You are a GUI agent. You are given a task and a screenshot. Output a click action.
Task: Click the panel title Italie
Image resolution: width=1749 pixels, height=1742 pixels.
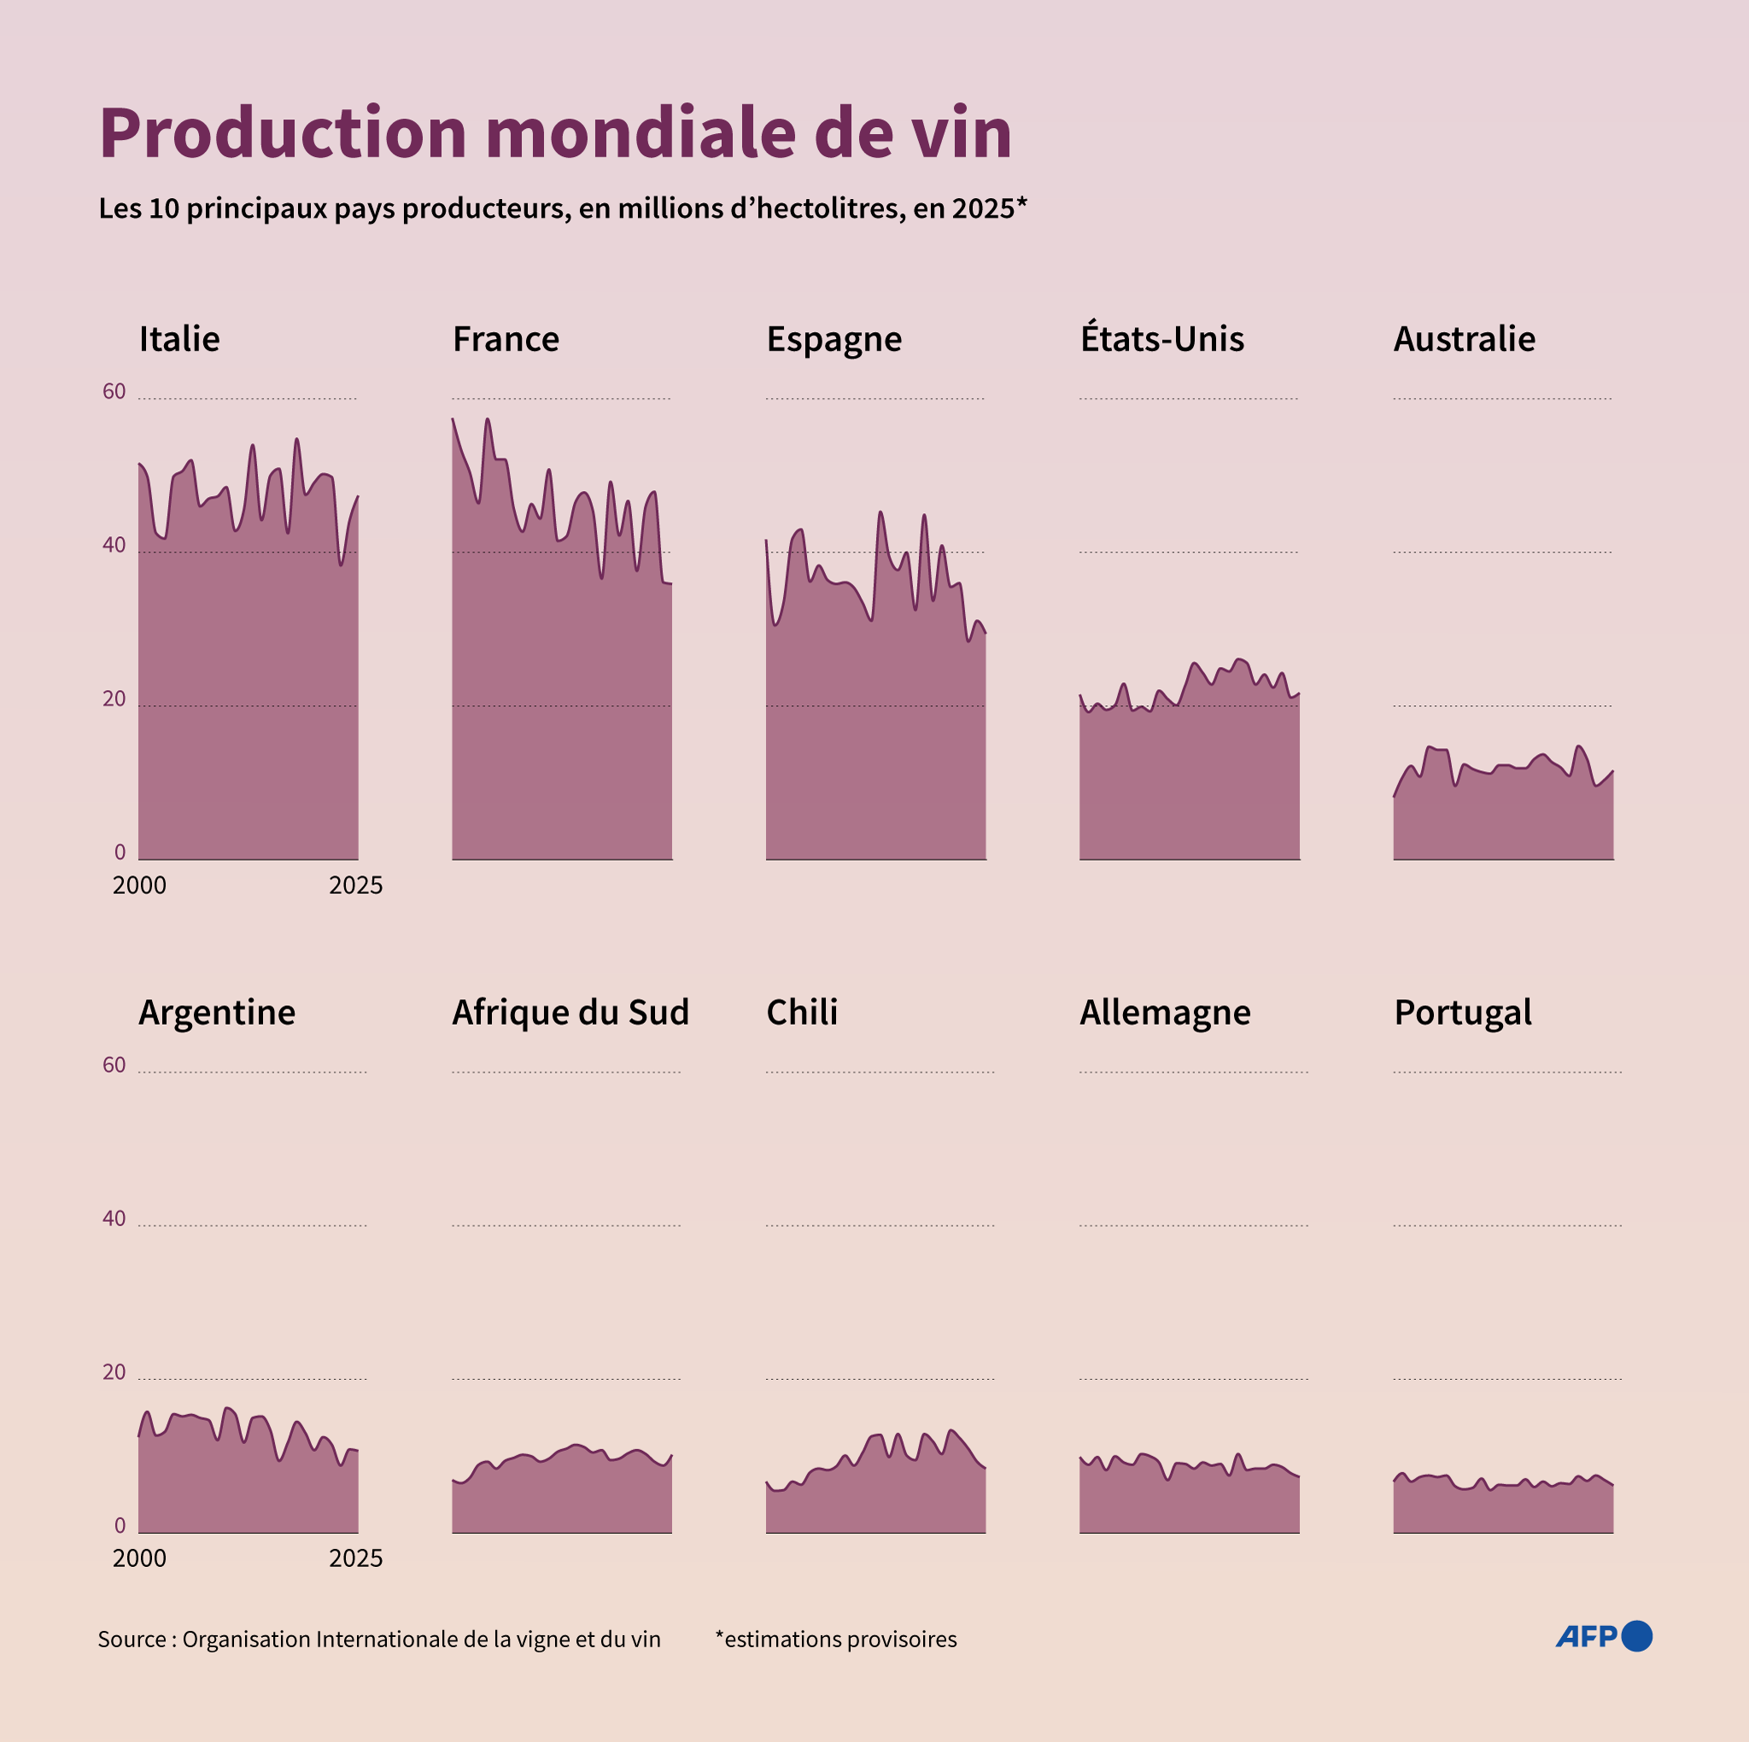click(179, 340)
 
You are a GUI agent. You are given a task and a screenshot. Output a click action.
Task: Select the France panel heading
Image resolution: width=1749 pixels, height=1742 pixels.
click(506, 340)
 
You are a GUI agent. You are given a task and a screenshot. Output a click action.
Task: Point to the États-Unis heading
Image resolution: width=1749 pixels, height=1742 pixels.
click(1161, 339)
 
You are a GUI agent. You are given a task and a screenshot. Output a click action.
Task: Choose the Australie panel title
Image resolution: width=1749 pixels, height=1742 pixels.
click(1464, 340)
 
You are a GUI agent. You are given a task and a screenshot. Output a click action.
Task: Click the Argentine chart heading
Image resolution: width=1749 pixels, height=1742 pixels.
click(216, 1012)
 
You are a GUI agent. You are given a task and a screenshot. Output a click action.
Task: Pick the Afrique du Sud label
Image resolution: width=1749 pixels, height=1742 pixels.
click(570, 1012)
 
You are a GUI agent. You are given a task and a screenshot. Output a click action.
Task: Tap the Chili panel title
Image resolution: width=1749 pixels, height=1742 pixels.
click(801, 1012)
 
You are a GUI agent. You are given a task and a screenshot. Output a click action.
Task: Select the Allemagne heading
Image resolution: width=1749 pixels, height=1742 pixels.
click(1164, 1012)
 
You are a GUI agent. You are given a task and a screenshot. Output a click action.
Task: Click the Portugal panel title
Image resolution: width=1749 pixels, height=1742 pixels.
click(1462, 1012)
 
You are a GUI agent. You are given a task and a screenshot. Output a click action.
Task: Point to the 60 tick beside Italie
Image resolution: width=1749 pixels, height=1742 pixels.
click(114, 392)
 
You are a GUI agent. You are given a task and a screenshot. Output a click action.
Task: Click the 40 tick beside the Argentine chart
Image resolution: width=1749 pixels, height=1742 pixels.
click(114, 1219)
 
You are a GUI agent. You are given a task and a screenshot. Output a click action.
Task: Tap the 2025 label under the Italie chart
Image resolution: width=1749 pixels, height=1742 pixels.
click(356, 886)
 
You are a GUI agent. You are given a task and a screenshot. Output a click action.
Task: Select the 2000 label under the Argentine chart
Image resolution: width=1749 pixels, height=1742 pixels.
click(139, 1558)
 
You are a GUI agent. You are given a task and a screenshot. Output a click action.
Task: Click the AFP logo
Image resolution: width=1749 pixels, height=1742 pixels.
click(1603, 1636)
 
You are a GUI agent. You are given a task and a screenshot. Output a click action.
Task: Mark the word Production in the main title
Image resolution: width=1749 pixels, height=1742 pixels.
click(283, 134)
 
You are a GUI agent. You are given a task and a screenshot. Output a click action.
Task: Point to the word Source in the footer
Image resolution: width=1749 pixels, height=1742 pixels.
click(132, 1639)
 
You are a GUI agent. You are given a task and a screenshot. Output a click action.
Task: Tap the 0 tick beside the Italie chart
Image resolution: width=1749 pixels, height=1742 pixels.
click(120, 852)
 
